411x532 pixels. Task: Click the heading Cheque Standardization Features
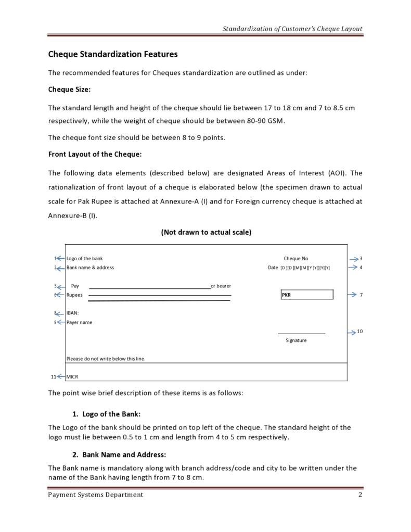[x=113, y=54]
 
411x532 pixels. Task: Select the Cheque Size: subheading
[x=69, y=90]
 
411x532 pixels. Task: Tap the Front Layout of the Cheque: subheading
[x=95, y=155]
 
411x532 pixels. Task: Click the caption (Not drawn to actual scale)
[x=206, y=232]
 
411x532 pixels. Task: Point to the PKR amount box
[x=307, y=295]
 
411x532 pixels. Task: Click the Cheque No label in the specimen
[x=296, y=259]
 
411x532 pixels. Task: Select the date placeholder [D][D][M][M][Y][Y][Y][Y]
[x=305, y=268]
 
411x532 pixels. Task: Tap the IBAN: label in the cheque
[x=72, y=313]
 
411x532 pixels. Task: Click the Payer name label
[x=79, y=323]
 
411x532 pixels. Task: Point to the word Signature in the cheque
[x=296, y=340]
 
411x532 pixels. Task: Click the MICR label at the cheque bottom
[x=72, y=377]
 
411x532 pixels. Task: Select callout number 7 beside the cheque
[x=361, y=295]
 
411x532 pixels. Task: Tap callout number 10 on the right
[x=359, y=332]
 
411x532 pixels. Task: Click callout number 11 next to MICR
[x=53, y=377]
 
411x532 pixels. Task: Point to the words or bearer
[x=221, y=286]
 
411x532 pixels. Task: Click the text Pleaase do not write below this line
[x=106, y=359]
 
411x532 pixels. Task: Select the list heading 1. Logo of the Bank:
[x=106, y=414]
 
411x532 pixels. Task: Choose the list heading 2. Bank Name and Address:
[x=119, y=454]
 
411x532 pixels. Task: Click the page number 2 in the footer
[x=359, y=495]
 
